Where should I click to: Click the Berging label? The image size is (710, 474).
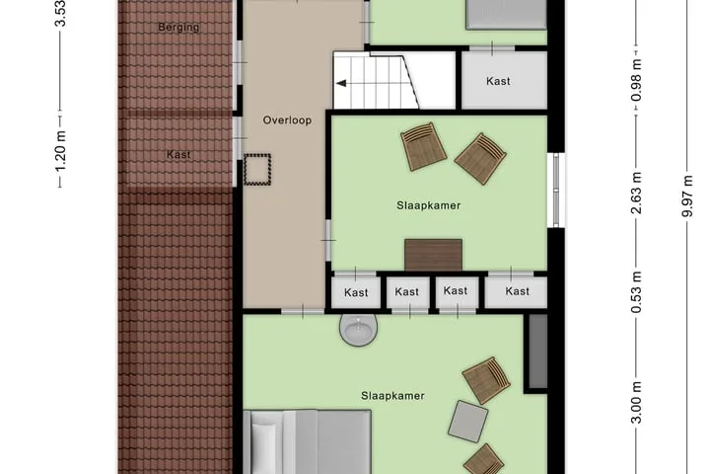coord(178,28)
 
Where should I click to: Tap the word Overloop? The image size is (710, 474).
coord(287,120)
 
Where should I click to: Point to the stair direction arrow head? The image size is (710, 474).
coord(340,84)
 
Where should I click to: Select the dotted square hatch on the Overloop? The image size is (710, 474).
coord(257,169)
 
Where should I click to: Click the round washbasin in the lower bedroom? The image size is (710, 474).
coord(359,330)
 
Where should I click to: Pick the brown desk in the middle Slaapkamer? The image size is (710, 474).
coord(433,255)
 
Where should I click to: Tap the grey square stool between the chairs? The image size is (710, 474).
coord(468,422)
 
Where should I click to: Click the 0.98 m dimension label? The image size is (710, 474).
coord(637,81)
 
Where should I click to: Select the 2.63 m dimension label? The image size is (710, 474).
coord(637,193)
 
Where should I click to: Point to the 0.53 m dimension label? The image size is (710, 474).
coord(637,292)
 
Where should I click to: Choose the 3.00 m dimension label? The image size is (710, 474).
coord(637,402)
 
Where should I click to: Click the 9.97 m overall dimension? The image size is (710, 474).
coord(688,196)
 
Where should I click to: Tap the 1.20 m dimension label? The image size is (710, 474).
coord(61,151)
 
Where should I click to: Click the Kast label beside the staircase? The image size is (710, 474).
coord(498,81)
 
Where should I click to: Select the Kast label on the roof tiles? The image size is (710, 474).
coord(178,155)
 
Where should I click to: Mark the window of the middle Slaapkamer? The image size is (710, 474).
coord(557,190)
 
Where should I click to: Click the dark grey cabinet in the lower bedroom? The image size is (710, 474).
coord(538,352)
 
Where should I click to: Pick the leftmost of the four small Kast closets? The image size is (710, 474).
coord(356,292)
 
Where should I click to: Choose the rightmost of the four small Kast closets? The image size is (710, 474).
coord(517,291)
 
